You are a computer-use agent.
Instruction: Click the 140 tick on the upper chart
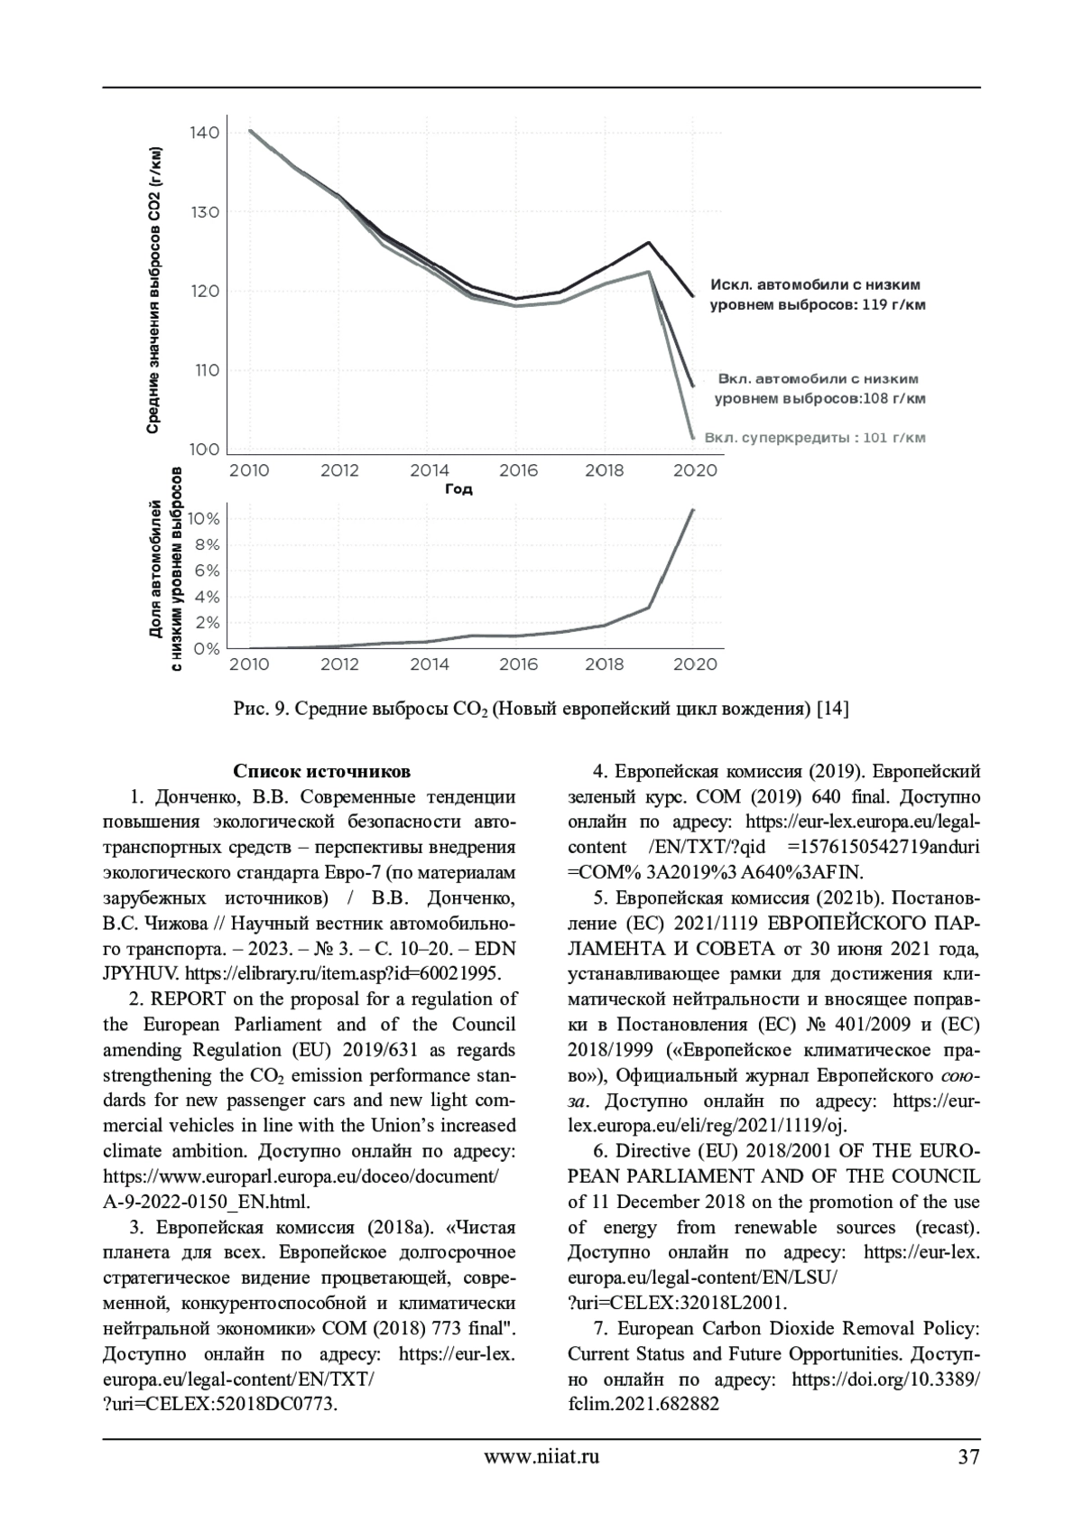[x=204, y=133]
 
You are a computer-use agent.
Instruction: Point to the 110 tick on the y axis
[x=204, y=370]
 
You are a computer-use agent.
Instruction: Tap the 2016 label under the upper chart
[x=517, y=470]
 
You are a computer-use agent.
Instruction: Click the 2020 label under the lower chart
[x=696, y=664]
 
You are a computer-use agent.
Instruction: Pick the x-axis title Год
[x=458, y=489]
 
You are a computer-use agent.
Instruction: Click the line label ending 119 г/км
[x=818, y=295]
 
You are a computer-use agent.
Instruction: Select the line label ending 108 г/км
[x=819, y=388]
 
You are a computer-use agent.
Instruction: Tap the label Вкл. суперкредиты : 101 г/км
[x=814, y=438]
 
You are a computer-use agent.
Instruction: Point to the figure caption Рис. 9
[x=541, y=709]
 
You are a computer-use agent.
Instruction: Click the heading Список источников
[x=322, y=771]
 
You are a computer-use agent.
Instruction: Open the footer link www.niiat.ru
[x=541, y=1456]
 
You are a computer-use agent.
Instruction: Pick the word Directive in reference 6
[x=653, y=1151]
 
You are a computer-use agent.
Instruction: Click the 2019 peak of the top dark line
[x=648, y=242]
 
